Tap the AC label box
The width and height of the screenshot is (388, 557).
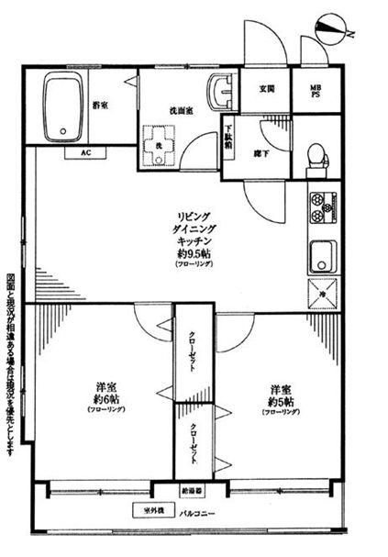pyautogui.click(x=85, y=152)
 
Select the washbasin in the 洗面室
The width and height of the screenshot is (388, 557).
pyautogui.click(x=221, y=93)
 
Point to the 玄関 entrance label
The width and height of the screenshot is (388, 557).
pyautogui.click(x=267, y=89)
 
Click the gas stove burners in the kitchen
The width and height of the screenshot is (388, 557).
pyautogui.click(x=323, y=208)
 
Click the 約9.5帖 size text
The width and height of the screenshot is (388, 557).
pyautogui.click(x=193, y=251)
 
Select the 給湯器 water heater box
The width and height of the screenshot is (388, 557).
pyautogui.click(x=193, y=491)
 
